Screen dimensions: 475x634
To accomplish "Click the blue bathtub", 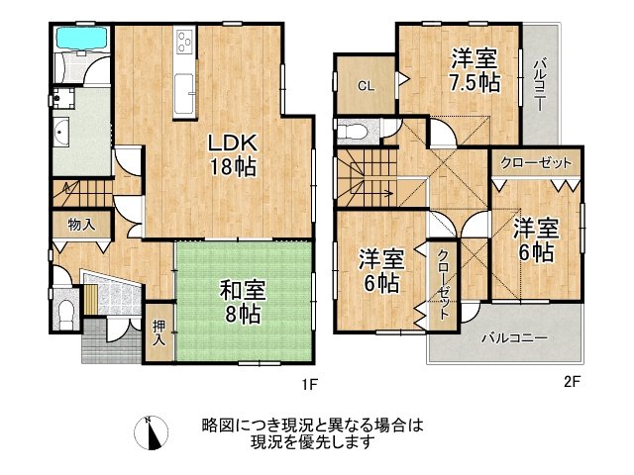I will click(80, 40).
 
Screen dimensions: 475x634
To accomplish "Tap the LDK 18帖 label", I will click(232, 154).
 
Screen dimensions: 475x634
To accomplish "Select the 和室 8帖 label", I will click(240, 303).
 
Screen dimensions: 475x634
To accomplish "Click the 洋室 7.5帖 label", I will click(472, 70).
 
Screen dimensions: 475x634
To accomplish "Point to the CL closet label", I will click(366, 86).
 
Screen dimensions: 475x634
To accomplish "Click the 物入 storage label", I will click(81, 225).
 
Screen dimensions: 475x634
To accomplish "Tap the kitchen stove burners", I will click(185, 41).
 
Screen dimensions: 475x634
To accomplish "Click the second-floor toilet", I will click(354, 131).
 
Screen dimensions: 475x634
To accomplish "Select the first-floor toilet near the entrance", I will click(64, 313).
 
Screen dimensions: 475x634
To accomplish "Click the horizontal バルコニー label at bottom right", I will click(514, 337).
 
